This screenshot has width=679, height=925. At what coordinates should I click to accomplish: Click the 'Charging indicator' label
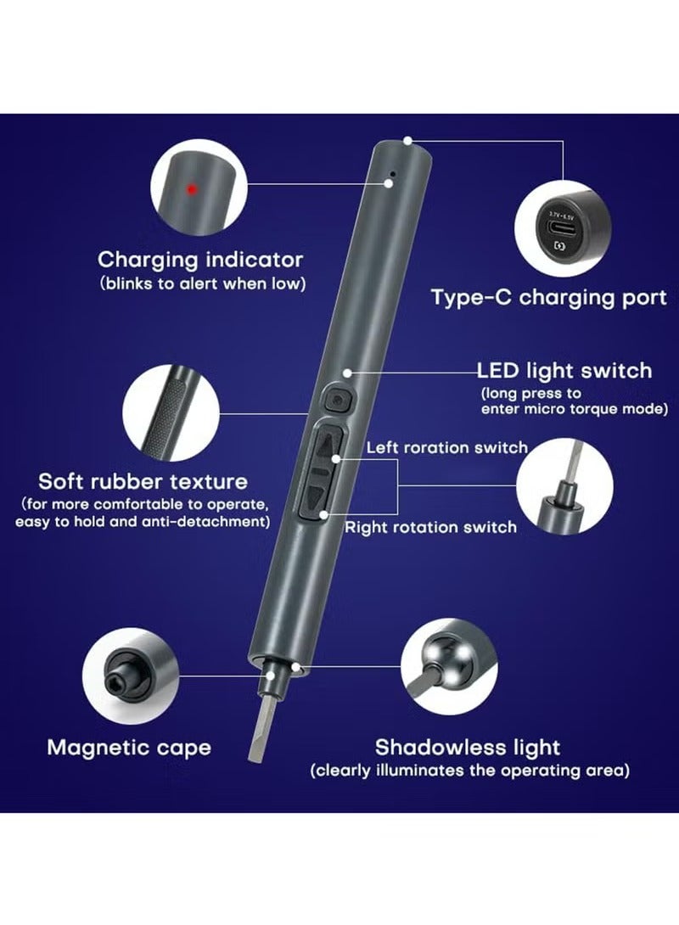[x=200, y=259]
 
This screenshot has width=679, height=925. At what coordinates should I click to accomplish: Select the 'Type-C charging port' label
[x=548, y=298]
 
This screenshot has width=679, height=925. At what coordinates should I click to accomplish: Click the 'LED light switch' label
[x=564, y=370]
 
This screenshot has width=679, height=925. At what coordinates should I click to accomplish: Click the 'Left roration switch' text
[x=446, y=447]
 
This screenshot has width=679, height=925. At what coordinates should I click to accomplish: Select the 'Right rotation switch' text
[x=430, y=527]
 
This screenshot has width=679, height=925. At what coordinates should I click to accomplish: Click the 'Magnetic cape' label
[x=129, y=747]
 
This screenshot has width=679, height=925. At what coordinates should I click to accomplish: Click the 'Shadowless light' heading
[x=468, y=747]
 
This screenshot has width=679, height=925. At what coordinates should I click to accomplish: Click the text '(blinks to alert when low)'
[x=201, y=283]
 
